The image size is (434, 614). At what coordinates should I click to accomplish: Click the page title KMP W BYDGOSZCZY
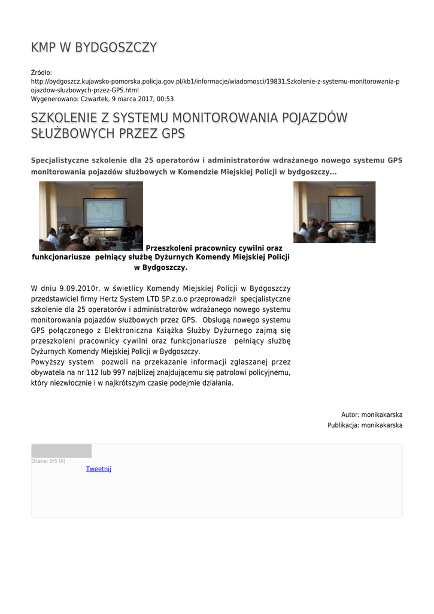(x=94, y=47)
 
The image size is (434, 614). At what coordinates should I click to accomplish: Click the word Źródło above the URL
(x=41, y=73)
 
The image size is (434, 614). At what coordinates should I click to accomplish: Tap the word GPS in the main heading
(x=173, y=133)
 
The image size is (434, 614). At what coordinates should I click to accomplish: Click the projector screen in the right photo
(x=345, y=209)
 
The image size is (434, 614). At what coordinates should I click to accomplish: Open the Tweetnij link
(x=99, y=469)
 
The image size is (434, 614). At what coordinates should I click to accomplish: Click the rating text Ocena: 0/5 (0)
(x=48, y=461)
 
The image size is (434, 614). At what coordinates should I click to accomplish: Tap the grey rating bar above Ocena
(x=61, y=451)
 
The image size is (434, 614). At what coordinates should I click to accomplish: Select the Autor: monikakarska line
(x=371, y=414)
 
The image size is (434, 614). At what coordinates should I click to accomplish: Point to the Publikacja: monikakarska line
(x=365, y=425)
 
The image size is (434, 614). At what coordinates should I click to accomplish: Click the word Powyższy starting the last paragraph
(x=53, y=362)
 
